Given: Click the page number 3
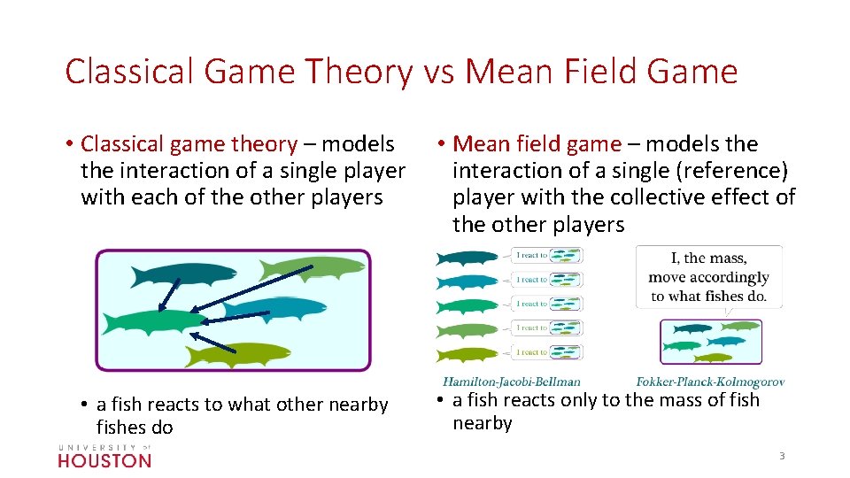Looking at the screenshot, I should [x=782, y=456].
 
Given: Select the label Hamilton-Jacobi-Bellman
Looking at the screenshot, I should [x=512, y=382].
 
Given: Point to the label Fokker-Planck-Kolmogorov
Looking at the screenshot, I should [x=710, y=382].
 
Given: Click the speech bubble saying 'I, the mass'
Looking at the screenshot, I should [x=708, y=276].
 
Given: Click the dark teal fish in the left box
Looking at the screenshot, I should [x=182, y=275].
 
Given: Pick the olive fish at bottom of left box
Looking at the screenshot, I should [x=237, y=353].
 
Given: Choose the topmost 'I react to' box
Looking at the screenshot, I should [x=548, y=256].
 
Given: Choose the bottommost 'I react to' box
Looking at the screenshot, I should [x=548, y=352].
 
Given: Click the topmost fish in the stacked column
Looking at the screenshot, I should [x=467, y=258].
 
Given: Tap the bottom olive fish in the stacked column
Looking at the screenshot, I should [x=467, y=354].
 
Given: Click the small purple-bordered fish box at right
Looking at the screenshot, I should [x=710, y=342].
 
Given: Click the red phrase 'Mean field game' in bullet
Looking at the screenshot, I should [x=537, y=143].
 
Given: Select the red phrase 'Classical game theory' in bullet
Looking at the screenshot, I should [x=189, y=143].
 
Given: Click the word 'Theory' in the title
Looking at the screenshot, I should [x=358, y=72].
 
